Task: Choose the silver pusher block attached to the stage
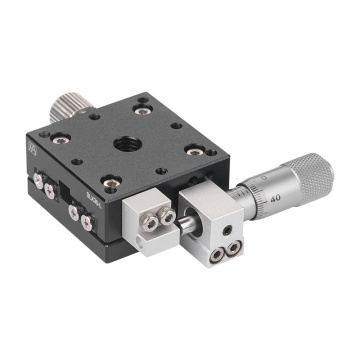[150, 214]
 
